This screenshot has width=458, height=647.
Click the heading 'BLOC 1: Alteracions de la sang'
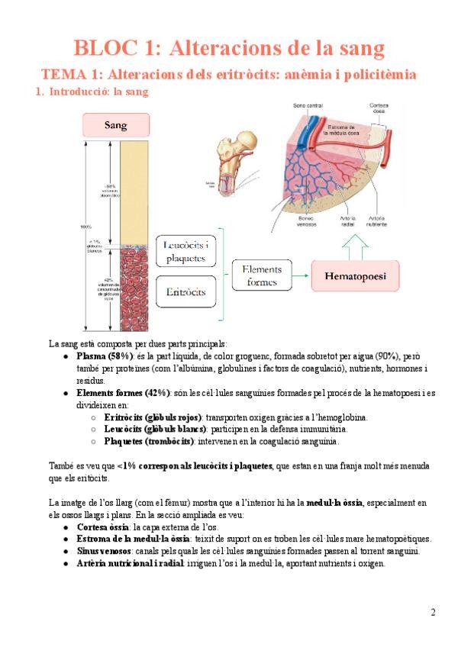(x=228, y=49)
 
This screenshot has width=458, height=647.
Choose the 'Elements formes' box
(x=261, y=275)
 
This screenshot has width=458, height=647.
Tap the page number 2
(x=433, y=612)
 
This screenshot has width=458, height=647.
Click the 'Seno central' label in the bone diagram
(x=308, y=105)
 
